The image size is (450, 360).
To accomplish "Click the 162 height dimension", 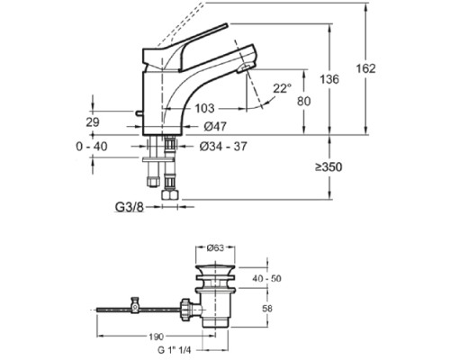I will click(391, 69).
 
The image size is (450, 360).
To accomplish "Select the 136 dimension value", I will click(332, 79).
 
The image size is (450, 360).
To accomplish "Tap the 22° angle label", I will click(283, 88).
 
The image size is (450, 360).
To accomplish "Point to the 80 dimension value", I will click(304, 102).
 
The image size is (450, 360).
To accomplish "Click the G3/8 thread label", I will click(130, 206).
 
